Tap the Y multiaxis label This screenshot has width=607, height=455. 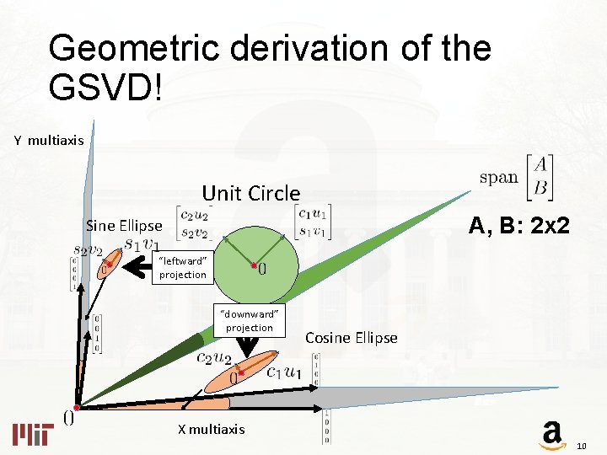click(49, 140)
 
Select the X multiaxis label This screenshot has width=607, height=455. click(211, 429)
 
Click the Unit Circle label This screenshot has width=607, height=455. click(250, 193)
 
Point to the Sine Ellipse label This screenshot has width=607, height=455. click(124, 226)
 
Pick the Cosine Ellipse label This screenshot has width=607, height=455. click(351, 338)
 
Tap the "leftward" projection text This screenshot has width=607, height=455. click(182, 268)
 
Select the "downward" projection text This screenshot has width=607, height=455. click(249, 320)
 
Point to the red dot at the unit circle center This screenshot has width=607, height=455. click(254, 265)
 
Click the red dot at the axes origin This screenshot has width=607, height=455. click(76, 407)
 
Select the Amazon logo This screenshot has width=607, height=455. click(551, 434)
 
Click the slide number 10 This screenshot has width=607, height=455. click(581, 445)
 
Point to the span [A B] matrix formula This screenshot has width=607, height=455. click(517, 177)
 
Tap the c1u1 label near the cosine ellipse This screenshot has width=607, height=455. click(283, 371)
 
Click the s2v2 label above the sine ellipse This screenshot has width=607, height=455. click(88, 250)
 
